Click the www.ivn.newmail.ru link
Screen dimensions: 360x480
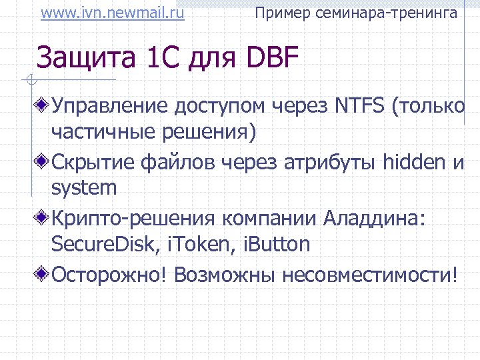113,13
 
